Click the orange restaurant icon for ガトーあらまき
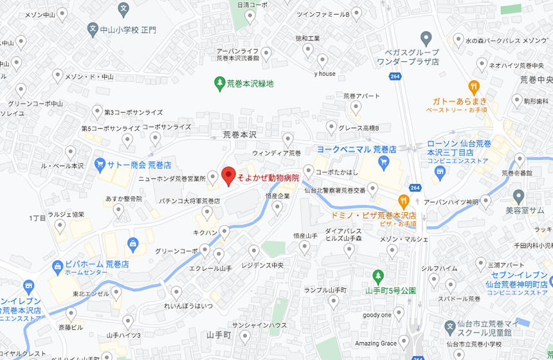click(474, 85)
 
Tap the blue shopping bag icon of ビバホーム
click(132, 243)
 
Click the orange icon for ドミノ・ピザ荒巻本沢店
click(404, 201)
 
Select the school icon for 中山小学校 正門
click(93, 30)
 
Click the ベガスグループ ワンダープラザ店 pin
click(424, 38)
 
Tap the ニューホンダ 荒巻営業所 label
click(172, 178)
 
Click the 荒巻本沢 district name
click(239, 135)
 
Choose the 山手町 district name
click(219, 335)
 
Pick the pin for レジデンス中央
click(253, 251)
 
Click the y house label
click(325, 74)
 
